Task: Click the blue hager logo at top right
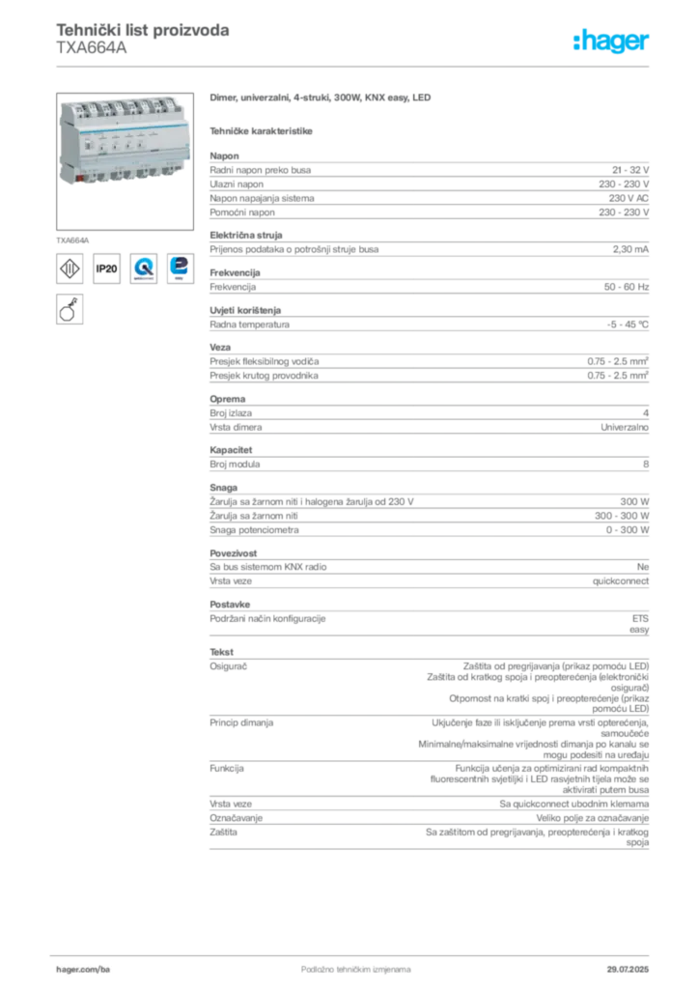[x=612, y=42]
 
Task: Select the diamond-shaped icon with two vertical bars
[x=70, y=268]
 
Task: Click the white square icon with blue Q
[x=144, y=268]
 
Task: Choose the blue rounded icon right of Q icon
[x=180, y=268]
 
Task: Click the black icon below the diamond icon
[x=69, y=309]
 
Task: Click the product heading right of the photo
[x=318, y=99]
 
